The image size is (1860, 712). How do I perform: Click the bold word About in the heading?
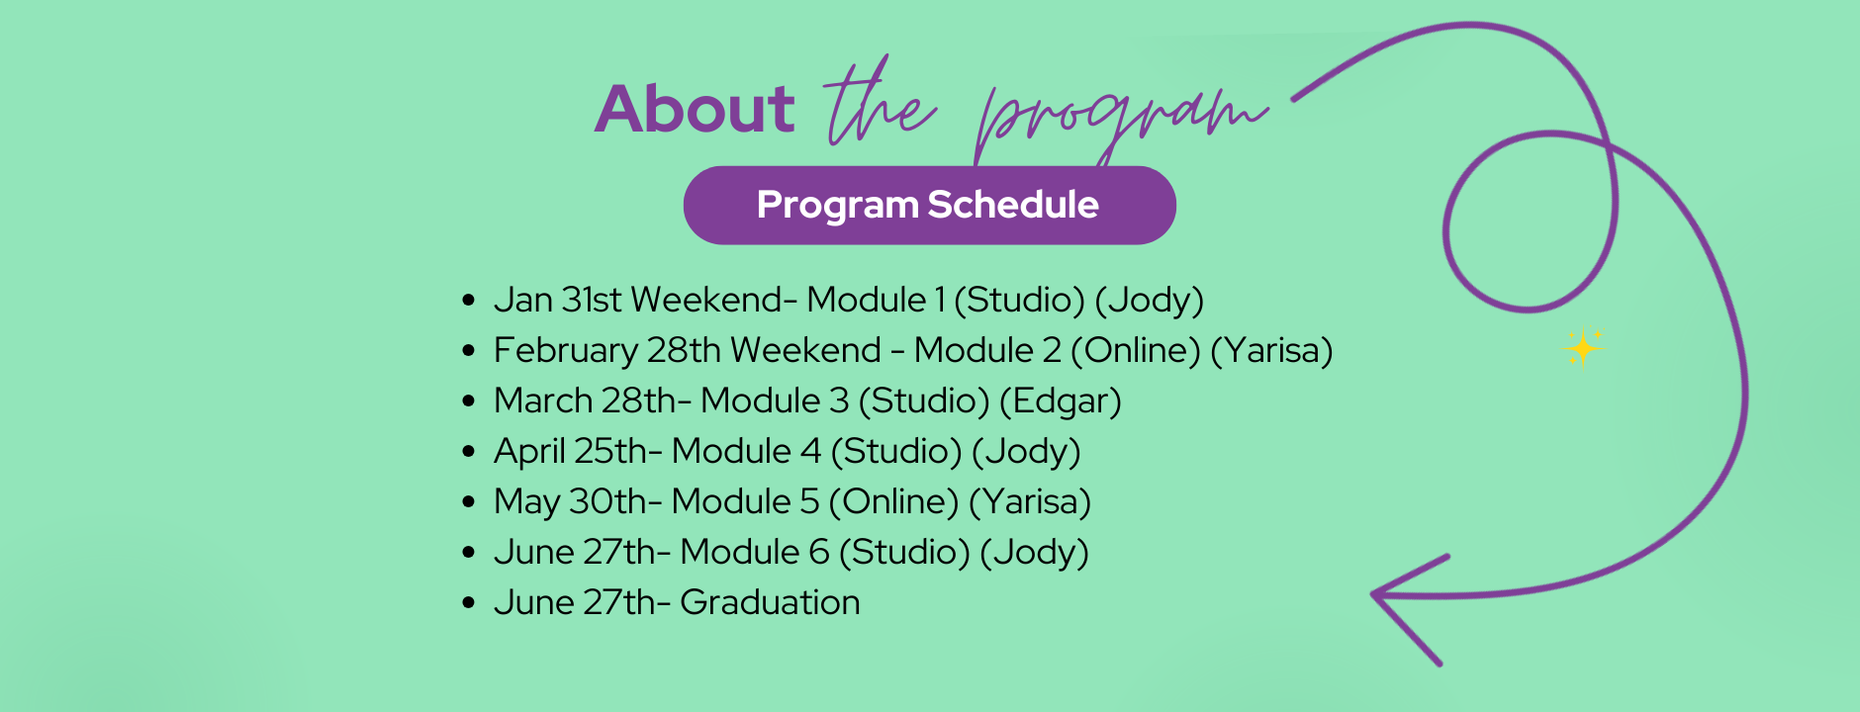(x=695, y=109)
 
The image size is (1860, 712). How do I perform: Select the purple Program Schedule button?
(x=929, y=205)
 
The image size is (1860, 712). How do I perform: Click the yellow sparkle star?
(x=1583, y=348)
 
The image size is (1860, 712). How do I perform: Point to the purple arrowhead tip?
(x=1373, y=594)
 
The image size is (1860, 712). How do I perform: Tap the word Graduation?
(x=770, y=602)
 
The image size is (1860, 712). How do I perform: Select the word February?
(x=566, y=351)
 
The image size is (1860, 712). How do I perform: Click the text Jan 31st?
(x=558, y=300)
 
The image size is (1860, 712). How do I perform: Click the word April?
(x=529, y=452)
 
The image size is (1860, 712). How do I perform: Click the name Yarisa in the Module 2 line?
(x=1271, y=351)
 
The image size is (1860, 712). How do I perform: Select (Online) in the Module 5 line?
(x=893, y=502)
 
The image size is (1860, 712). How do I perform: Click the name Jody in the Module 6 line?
(x=1035, y=553)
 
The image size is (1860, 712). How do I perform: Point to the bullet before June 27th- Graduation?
(x=469, y=603)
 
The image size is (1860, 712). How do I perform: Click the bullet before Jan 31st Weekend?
(x=469, y=301)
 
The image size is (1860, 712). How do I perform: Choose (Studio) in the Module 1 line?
(x=1019, y=301)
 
